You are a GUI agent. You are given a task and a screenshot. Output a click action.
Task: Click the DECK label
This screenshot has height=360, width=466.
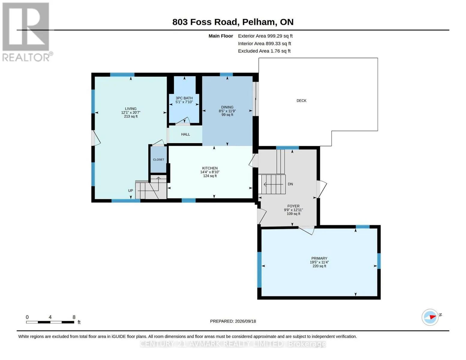301,100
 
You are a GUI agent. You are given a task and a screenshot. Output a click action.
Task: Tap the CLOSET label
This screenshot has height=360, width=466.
158,160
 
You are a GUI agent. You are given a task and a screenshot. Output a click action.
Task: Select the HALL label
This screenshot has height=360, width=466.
185,134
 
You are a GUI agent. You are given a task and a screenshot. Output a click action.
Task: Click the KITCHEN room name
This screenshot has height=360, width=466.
210,168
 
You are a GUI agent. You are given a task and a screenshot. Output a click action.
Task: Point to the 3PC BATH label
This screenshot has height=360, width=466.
184,98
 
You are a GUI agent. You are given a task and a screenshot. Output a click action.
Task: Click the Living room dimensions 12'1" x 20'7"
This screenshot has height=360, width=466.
131,112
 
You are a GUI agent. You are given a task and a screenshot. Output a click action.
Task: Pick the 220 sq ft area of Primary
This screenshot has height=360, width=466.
319,266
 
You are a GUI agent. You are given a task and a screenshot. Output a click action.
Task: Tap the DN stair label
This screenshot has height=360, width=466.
290,184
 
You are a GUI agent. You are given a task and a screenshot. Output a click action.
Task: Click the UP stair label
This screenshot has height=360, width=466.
131,190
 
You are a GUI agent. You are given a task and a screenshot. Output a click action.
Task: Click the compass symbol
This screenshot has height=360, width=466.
430,317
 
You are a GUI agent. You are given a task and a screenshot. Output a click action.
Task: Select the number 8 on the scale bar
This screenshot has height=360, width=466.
74,317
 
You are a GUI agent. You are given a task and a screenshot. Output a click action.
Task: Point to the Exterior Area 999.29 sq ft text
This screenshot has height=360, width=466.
265,36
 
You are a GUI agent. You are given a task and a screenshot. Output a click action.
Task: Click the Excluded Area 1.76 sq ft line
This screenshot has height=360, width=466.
264,51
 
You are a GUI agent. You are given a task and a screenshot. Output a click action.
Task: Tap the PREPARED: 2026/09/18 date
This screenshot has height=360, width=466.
233,321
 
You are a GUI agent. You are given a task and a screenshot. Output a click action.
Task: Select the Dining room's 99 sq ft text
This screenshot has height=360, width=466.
227,115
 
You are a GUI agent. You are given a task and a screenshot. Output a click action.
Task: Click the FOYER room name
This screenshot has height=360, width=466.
293,206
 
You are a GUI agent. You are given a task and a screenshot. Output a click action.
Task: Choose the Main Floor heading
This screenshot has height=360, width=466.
221,36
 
